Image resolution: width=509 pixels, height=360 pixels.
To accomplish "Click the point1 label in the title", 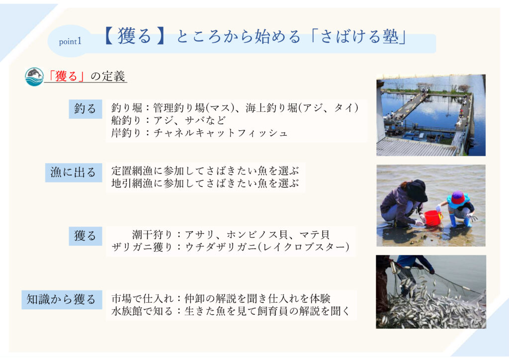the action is coord(70,42).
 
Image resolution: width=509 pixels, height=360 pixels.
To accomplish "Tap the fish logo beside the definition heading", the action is coord(34,77).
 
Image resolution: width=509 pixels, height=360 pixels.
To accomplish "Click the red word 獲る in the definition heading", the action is coord(66,76).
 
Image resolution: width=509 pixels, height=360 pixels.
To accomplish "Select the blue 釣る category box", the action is coord(85,109).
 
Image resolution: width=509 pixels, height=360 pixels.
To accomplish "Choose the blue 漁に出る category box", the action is coord(74,173).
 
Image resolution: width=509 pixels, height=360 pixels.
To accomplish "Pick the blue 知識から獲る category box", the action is coord(62,299).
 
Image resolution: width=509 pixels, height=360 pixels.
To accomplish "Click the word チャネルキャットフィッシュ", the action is coord(220,133).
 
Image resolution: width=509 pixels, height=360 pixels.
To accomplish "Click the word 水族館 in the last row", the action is coord(127,311).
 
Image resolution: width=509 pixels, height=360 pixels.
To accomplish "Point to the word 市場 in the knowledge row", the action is coord(122,298).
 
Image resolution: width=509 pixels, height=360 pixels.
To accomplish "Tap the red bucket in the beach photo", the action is coord(433,217).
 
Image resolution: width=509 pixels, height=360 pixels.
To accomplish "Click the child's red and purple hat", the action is coord(458,198).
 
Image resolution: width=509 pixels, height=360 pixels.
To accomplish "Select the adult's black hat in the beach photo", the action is coord(417,190).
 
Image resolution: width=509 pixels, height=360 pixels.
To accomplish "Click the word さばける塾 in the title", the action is coord(360,36).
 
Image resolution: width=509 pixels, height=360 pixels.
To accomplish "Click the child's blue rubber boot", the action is coord(453,220).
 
